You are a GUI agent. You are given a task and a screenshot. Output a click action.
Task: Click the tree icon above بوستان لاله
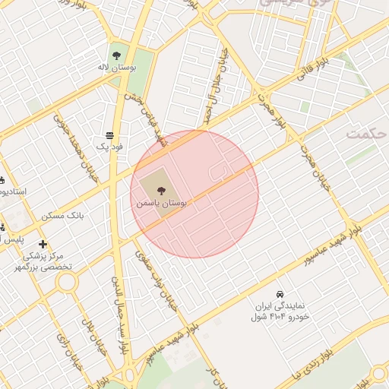(x=116, y=55)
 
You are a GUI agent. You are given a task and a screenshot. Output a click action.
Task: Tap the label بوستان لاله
(x=116, y=68)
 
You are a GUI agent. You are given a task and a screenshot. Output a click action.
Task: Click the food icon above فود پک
(x=110, y=133)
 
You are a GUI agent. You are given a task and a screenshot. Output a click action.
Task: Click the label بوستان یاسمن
(x=161, y=204)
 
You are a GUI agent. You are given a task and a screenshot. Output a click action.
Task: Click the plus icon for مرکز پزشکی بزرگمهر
(x=43, y=244)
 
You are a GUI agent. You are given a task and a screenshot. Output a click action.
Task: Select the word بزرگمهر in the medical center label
(x=34, y=267)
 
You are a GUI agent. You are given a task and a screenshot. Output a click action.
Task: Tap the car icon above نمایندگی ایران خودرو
(x=280, y=293)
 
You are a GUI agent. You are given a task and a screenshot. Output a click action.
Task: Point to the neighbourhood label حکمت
(x=365, y=133)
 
